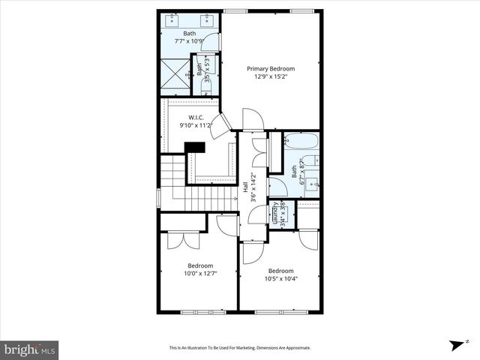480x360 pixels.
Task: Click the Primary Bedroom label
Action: coord(271,68)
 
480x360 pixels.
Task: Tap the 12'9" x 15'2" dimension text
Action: coord(271,76)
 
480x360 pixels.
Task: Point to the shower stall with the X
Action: coord(176,75)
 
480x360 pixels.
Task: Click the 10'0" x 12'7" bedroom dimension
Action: coord(200,274)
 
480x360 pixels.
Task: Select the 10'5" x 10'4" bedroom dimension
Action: coord(280,279)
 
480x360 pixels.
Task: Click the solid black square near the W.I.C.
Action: coord(196,147)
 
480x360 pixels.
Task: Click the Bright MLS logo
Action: coord(29,349)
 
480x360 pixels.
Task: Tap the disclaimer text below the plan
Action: coord(239,348)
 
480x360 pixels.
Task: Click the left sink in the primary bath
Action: coord(174,21)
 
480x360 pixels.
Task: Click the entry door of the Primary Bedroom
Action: coord(253,118)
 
